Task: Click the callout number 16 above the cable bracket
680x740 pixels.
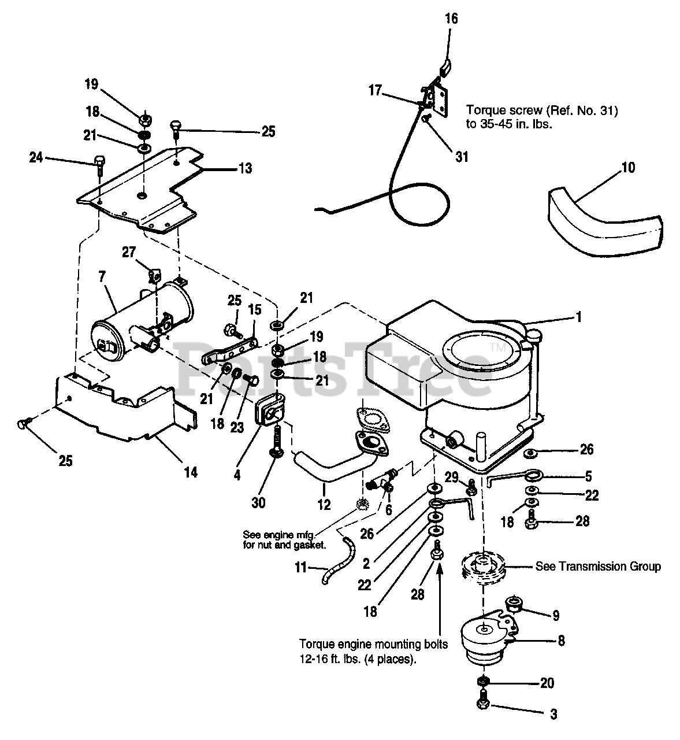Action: point(451,18)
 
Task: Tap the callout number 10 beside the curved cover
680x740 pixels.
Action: point(627,168)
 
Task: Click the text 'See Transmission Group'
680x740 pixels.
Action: point(598,566)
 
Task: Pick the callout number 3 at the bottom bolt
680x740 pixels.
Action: point(553,715)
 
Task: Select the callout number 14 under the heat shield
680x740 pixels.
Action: point(190,472)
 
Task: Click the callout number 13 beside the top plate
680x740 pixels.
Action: point(245,168)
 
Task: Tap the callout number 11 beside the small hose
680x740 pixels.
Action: point(300,568)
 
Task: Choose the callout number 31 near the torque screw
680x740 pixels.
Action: point(462,156)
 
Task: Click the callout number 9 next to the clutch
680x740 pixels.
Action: point(555,616)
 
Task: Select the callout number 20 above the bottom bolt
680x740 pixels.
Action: point(547,683)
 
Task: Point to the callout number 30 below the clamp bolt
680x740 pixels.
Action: point(258,503)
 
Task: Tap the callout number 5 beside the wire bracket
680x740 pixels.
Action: point(588,476)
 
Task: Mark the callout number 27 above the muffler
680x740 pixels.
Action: point(128,252)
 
